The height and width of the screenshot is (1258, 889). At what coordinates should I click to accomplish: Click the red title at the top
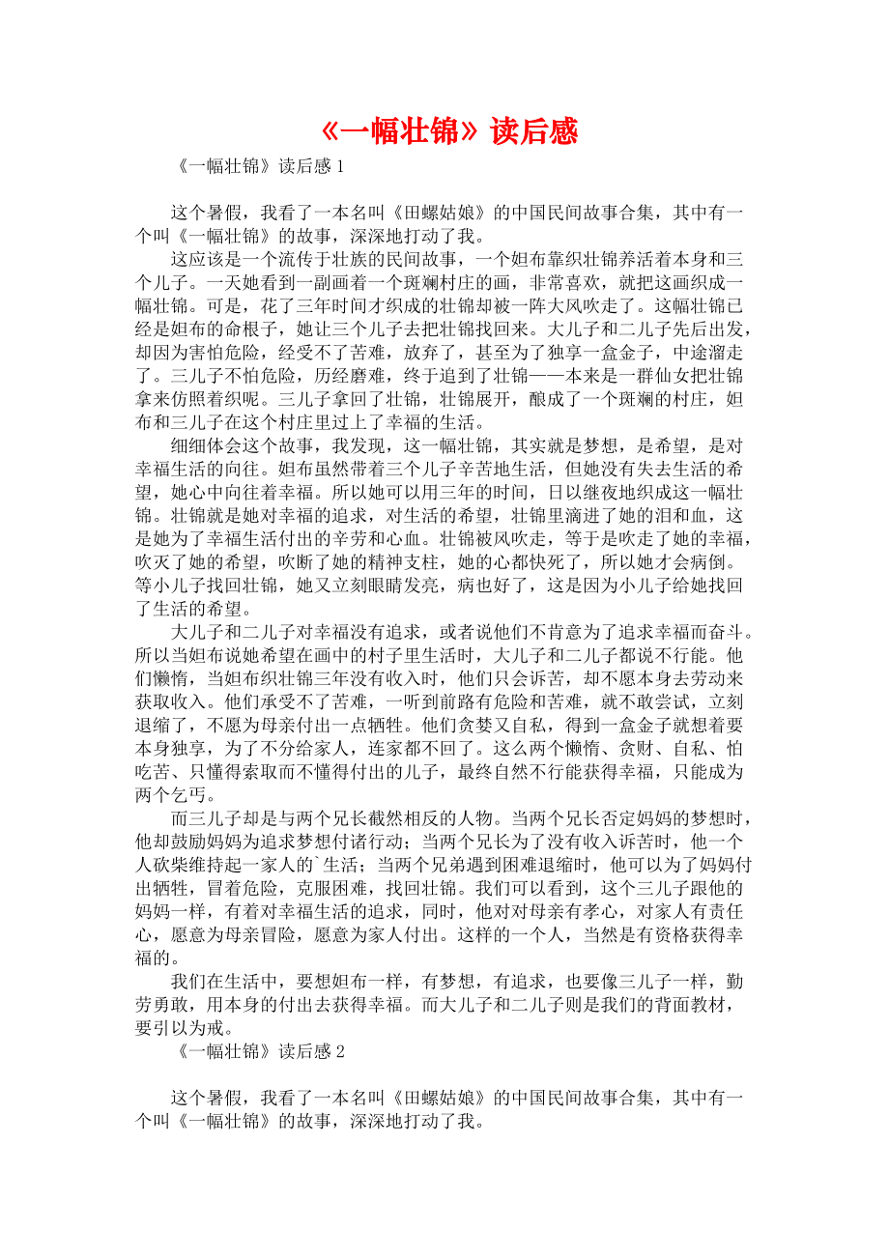447,131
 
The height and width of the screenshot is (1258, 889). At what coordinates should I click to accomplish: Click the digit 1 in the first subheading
339,167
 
